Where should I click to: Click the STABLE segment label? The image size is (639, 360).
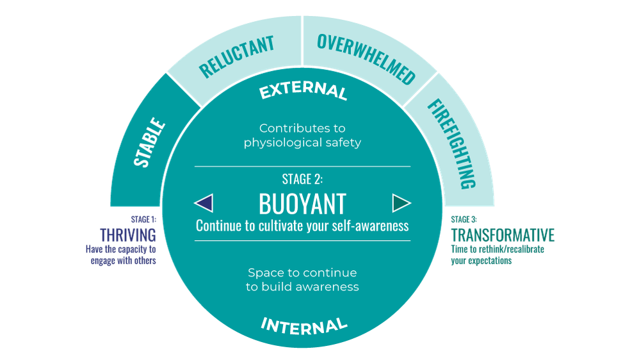[x=150, y=142]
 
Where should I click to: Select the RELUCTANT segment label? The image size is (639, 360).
[x=236, y=56]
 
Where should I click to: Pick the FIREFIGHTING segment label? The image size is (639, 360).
[x=460, y=143]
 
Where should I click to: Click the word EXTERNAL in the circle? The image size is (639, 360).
[x=303, y=92]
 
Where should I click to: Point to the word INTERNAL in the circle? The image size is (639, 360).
[x=303, y=325]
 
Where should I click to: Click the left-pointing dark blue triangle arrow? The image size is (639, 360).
[x=204, y=203]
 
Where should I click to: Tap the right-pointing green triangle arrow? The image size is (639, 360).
[x=401, y=203]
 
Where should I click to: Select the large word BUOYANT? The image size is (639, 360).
[x=302, y=204]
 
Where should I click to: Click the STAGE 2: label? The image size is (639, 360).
[x=302, y=179]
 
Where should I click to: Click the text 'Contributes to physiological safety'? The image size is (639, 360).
[x=302, y=135]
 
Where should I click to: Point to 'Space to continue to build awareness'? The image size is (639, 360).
[x=302, y=280]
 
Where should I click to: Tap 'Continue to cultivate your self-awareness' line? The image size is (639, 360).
[x=302, y=226]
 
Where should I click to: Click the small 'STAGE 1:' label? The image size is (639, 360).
[x=143, y=219]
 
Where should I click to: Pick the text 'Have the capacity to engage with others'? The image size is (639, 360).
[x=121, y=255]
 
